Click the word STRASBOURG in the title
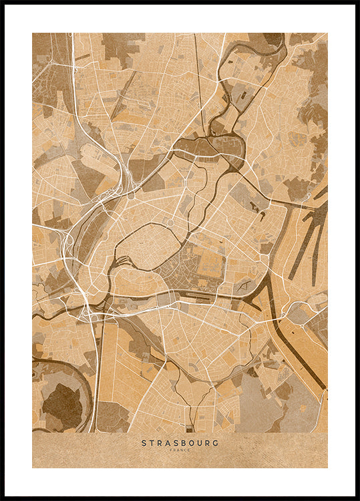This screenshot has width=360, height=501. [180, 442]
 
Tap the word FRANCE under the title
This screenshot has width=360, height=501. [180, 450]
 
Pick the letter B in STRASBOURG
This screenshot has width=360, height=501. [181, 442]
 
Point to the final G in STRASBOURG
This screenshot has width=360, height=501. [216, 442]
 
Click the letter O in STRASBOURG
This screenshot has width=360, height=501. [190, 442]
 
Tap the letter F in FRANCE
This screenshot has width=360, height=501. [171, 450]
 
